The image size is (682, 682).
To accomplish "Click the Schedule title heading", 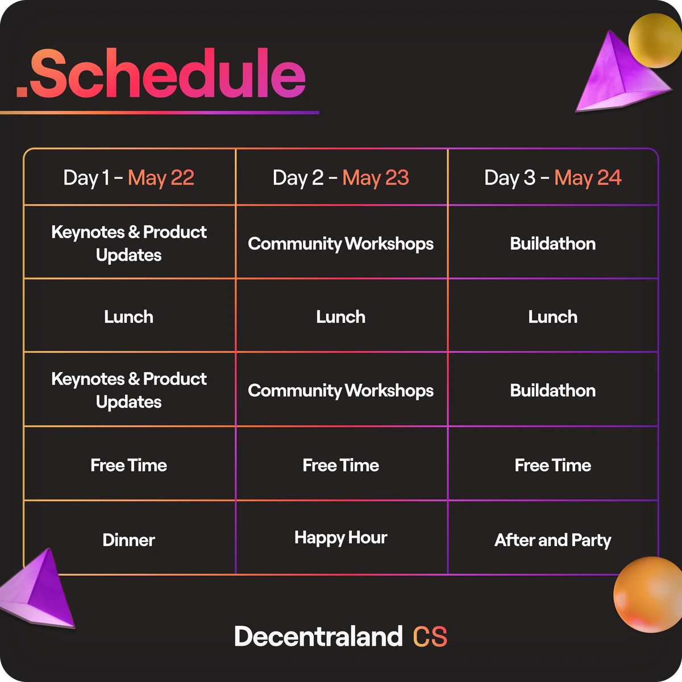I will click(161, 74).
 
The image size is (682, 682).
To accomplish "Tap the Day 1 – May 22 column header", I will click(129, 178).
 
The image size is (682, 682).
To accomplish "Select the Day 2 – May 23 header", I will click(341, 178).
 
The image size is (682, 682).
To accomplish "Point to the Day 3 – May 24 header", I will click(553, 178).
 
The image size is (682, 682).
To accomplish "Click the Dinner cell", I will click(129, 540).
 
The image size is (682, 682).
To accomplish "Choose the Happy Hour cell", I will click(341, 538).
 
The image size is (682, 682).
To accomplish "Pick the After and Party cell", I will click(553, 540).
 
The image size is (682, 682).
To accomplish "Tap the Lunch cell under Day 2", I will click(341, 317).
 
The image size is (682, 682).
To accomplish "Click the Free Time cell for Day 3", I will click(553, 465).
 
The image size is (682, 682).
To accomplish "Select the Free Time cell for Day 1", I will click(129, 465).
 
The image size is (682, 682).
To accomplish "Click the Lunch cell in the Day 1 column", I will click(129, 317).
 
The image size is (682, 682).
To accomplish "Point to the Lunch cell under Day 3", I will click(553, 317).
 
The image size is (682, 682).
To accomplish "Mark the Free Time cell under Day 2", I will click(341, 465).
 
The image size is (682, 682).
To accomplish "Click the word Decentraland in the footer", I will click(318, 637).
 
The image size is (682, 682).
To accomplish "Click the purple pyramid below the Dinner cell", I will click(40, 588).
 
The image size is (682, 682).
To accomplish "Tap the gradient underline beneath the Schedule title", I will click(159, 113).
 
